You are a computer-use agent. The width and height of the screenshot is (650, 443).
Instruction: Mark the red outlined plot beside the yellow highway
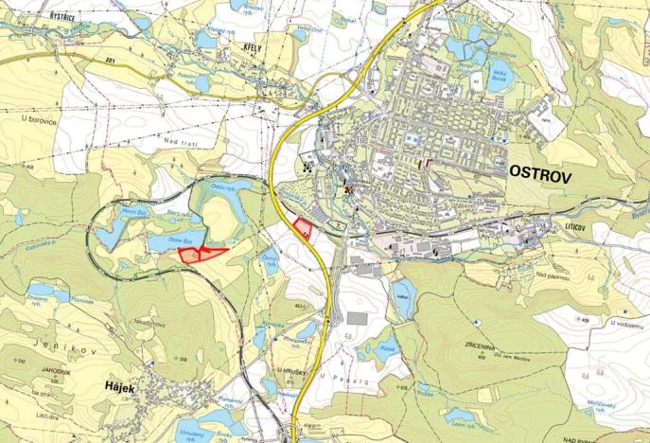pyautogui.click(x=303, y=228)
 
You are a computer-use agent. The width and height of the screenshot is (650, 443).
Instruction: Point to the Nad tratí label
pyautogui.click(x=177, y=142)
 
